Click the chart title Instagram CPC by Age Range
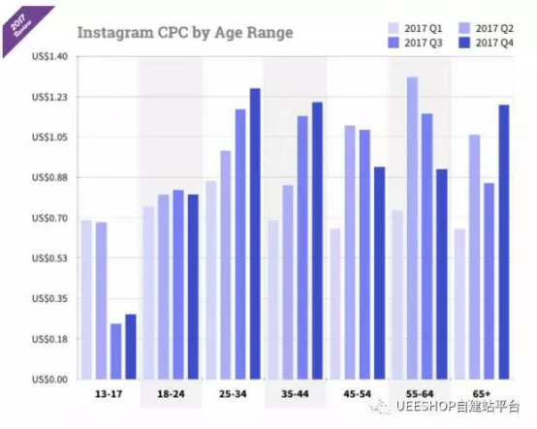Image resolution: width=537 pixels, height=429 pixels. (184, 33)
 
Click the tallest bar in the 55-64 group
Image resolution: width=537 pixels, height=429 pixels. (412, 228)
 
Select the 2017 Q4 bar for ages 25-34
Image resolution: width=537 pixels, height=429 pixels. (255, 233)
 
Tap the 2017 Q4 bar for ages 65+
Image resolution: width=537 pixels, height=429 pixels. (503, 242)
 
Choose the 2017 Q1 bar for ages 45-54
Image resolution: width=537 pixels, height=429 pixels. (335, 304)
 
